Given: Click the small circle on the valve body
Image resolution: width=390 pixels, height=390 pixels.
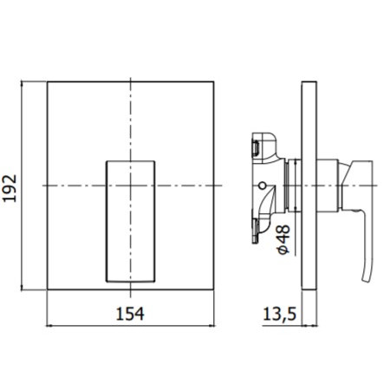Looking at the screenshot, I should click(260, 186).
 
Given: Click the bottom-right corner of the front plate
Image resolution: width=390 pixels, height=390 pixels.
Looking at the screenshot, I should click(214, 290).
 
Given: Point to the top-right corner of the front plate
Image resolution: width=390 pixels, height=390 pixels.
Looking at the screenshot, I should click(214, 82).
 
